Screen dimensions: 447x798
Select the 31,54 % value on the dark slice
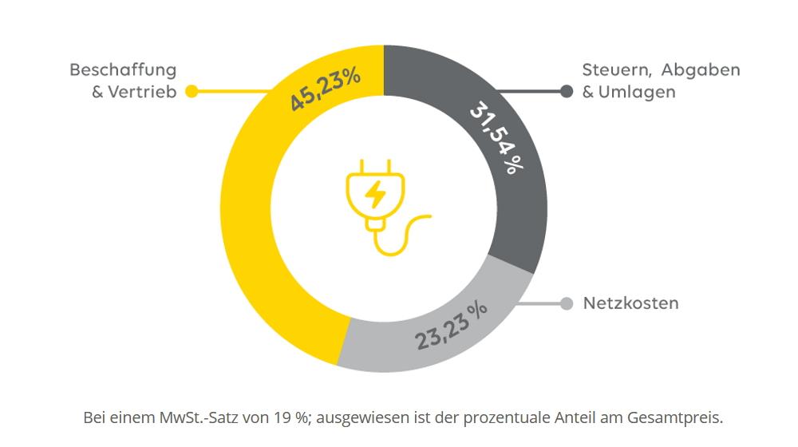pos(497,136)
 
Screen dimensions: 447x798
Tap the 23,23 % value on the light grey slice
pos(451,325)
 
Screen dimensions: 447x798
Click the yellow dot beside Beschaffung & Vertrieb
pos(192,92)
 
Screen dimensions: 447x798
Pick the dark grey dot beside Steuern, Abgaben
pos(567,92)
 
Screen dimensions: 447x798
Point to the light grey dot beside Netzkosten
pos(567,303)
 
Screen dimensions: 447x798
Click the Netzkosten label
pos(630,303)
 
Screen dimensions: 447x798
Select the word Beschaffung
pos(123,70)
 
